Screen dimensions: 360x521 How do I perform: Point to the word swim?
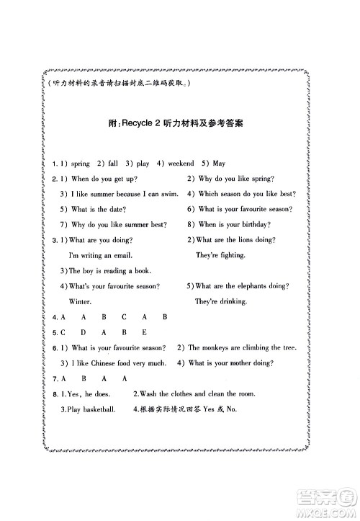[171, 193]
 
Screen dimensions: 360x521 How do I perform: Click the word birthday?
[253, 224]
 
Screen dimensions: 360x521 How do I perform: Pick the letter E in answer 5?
[145, 332]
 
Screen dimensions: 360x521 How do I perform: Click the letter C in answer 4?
[124, 317]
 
